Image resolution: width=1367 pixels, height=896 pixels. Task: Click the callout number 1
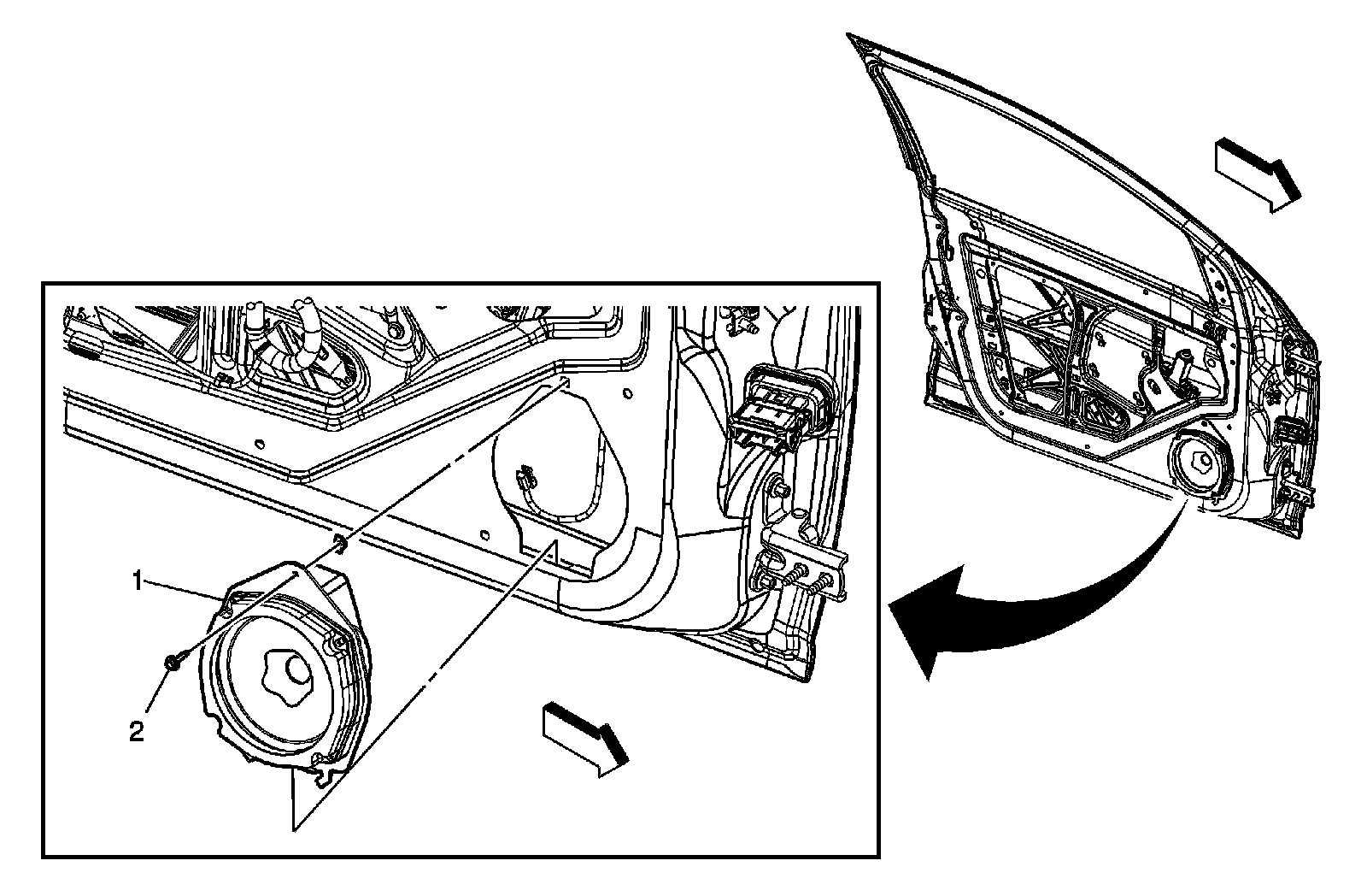click(x=135, y=581)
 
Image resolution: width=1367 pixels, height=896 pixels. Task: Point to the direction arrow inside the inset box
click(x=586, y=738)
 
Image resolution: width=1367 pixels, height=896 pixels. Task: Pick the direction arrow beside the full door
click(x=1257, y=181)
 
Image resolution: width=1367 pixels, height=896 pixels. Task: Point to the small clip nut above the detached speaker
click(x=339, y=540)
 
